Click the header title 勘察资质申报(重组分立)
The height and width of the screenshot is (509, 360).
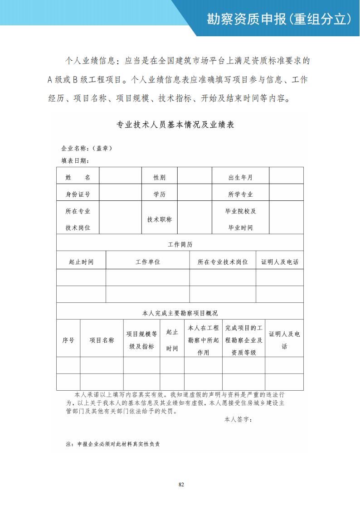click(279, 19)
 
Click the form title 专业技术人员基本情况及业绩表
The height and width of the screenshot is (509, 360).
click(175, 125)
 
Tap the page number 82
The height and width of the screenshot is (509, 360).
click(181, 485)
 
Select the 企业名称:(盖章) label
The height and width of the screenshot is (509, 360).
click(87, 148)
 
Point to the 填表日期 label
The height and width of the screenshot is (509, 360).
click(75, 160)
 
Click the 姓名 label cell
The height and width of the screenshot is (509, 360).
click(78, 178)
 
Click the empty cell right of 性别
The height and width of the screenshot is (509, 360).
click(195, 176)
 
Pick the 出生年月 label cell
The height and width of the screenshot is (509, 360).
click(240, 178)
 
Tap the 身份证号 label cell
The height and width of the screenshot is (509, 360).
click(78, 194)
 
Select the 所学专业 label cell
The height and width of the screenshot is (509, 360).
click(240, 194)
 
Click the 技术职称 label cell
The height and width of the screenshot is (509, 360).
click(160, 219)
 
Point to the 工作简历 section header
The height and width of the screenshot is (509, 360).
click(180, 244)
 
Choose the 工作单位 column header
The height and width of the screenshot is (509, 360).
click(148, 262)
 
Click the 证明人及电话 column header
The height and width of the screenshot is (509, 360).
click(280, 262)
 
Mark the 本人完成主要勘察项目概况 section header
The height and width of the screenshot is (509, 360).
click(180, 313)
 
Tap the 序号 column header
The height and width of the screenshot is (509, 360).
click(68, 340)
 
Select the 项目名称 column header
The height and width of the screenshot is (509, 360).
click(102, 340)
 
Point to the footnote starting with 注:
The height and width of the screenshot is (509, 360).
click(113, 444)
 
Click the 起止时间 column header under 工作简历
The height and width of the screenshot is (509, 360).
click(81, 262)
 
